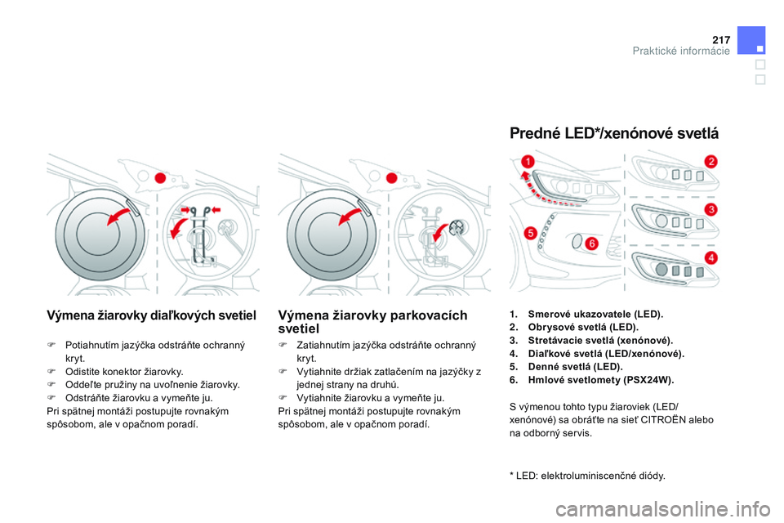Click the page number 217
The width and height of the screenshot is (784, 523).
(x=719, y=38)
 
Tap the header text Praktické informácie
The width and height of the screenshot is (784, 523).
(x=681, y=51)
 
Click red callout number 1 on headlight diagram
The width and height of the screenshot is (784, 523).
(x=528, y=163)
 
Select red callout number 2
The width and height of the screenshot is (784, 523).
(x=710, y=161)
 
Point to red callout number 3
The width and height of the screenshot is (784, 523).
(x=710, y=210)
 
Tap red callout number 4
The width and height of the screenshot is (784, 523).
(x=710, y=257)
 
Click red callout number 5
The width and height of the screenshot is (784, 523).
(x=530, y=234)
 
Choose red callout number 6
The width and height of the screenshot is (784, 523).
(x=591, y=244)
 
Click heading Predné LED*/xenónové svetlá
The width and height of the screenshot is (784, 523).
(x=613, y=133)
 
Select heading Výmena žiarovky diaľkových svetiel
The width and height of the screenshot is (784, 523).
(x=152, y=315)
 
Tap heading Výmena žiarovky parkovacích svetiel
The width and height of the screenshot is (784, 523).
(x=372, y=321)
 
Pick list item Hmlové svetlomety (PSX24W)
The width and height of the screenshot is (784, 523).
(x=600, y=380)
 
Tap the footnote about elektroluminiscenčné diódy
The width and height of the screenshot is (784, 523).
(x=586, y=475)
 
